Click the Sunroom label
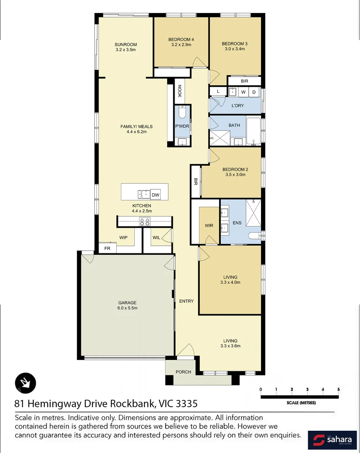126,47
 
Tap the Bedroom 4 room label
181,42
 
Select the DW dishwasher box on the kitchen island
155,195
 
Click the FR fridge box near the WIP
107,248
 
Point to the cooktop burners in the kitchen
145,222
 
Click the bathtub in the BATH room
253,132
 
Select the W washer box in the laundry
243,92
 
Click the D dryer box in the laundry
254,92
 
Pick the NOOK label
179,91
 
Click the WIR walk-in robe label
209,226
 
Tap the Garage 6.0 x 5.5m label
127,305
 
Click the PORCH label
183,372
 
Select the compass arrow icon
26,383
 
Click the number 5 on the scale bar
338,390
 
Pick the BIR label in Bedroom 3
244,81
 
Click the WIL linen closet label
156,238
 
